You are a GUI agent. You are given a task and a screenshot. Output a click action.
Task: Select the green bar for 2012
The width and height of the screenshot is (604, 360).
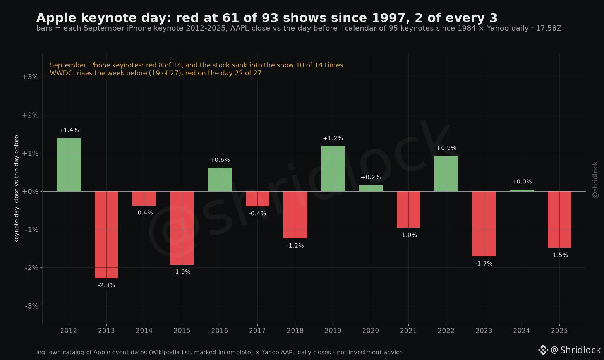tap(69, 165)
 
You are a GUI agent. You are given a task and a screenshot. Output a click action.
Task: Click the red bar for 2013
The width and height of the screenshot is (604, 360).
tap(106, 235)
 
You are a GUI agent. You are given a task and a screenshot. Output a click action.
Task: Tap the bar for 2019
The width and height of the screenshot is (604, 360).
tap(333, 169)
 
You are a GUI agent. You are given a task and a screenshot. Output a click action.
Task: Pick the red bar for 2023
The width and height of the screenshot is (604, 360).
tap(484, 224)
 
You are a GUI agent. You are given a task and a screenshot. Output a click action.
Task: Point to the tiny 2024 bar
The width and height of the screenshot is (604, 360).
tap(522, 190)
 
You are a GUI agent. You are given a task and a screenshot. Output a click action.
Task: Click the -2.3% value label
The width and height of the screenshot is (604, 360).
tap(106, 285)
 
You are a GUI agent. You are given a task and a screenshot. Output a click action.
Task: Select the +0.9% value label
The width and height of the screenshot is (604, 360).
tap(446, 148)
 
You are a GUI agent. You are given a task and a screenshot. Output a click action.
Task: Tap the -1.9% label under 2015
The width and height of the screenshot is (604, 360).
tap(182, 272)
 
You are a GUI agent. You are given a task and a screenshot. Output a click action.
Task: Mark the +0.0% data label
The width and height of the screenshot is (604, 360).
tap(522, 182)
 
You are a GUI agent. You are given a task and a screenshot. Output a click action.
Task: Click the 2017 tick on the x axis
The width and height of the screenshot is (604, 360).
tap(257, 331)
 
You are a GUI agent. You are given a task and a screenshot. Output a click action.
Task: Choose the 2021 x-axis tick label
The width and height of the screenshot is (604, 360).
tap(408, 331)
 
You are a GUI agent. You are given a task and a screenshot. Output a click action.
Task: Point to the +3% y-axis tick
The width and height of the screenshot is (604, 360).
tap(30, 77)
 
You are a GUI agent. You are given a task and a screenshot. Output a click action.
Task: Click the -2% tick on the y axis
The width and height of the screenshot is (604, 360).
tap(31, 268)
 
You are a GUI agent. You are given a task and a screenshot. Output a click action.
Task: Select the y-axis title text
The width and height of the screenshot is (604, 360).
tap(16, 189)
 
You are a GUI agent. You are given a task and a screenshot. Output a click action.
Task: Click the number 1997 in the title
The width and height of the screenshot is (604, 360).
tap(389, 18)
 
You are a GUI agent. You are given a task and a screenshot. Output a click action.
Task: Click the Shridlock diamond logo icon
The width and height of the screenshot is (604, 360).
tap(543, 350)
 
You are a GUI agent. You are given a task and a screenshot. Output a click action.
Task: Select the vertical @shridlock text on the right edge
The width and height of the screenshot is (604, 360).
tap(595, 180)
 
